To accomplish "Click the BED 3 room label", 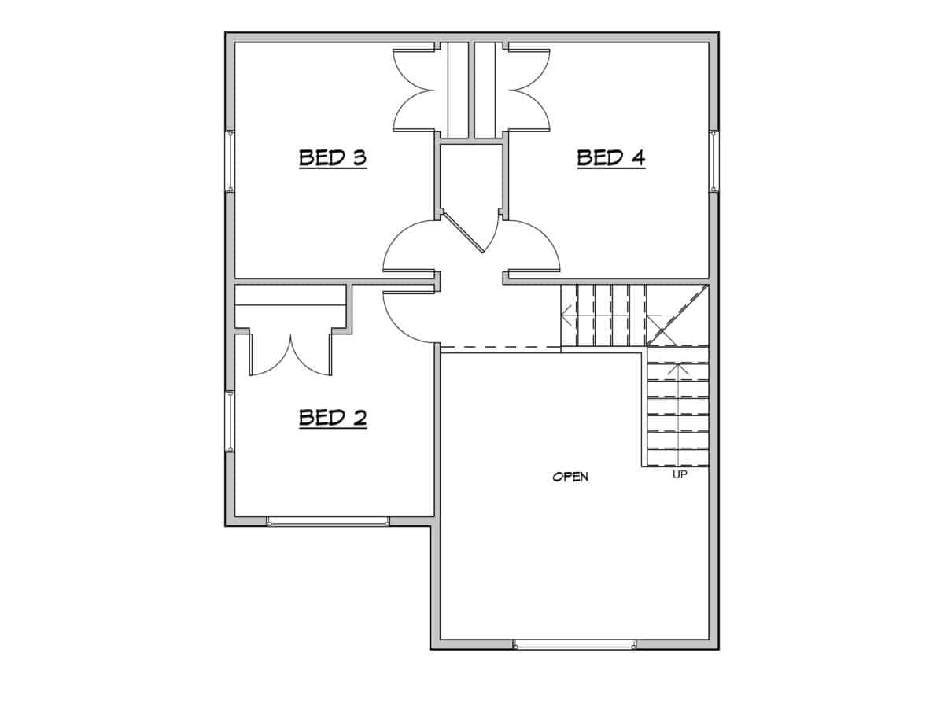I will pyautogui.click(x=333, y=158).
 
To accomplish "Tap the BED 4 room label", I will pyautogui.click(x=611, y=158).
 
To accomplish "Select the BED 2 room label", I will pyautogui.click(x=333, y=418).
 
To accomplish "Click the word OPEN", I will pyautogui.click(x=570, y=477).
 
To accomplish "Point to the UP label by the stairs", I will pyautogui.click(x=680, y=475).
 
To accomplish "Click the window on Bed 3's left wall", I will pyautogui.click(x=230, y=161).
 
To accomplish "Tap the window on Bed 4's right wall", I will pyautogui.click(x=714, y=161).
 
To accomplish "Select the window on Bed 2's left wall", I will pyautogui.click(x=230, y=422).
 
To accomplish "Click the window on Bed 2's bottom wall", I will pyautogui.click(x=327, y=521).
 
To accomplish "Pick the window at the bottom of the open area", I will pyautogui.click(x=574, y=644).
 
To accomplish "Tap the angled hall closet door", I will pyautogui.click(x=464, y=232).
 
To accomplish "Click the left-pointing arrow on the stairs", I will pyautogui.click(x=566, y=316).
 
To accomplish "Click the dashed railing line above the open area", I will pyautogui.click(x=500, y=348).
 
